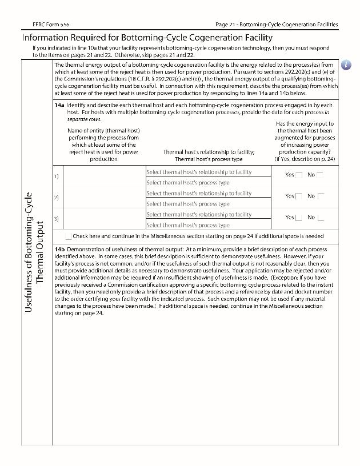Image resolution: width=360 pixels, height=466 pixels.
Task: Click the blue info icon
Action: coord(346,65)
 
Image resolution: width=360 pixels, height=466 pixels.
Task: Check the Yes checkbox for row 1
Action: coord(298,175)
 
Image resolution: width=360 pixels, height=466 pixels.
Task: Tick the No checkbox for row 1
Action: coord(319,175)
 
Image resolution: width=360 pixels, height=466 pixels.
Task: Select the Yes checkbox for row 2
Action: coord(298,196)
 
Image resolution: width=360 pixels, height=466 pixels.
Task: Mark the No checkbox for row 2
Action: coord(320,196)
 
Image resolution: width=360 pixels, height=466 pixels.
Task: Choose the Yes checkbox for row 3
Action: coord(298,218)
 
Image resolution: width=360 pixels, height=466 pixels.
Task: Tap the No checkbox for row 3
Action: coord(320,218)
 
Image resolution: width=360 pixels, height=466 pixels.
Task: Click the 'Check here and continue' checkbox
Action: coord(69,236)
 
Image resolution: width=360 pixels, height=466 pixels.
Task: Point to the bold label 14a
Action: coord(59,106)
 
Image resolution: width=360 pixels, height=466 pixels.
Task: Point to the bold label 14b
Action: coord(59,250)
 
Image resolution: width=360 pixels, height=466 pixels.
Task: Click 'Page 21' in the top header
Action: coord(225,25)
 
